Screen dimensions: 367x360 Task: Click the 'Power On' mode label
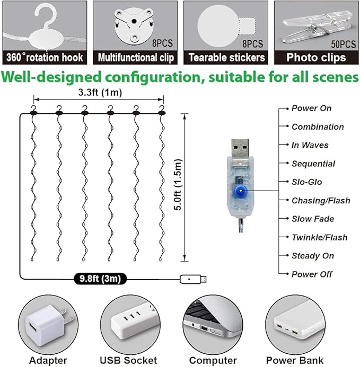[311, 108]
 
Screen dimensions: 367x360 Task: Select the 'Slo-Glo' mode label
[306, 182]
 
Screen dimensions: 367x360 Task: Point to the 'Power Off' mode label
[312, 274]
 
